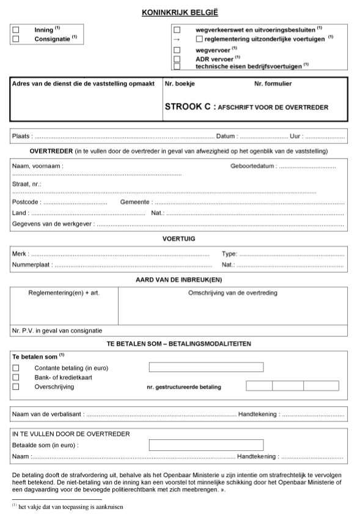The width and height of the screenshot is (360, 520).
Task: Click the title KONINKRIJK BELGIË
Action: point(180,12)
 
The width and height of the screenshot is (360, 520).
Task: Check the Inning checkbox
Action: point(16,29)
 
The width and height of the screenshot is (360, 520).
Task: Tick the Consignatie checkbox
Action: point(16,39)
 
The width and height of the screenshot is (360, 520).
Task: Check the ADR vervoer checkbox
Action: point(177,59)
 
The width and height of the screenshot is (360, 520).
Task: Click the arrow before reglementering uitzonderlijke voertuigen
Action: point(177,39)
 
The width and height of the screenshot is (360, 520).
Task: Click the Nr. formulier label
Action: point(273,83)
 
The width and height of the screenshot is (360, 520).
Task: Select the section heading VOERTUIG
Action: point(179,238)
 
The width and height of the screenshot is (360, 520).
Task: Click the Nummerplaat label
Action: point(31,266)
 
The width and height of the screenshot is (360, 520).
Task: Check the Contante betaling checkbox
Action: point(16,367)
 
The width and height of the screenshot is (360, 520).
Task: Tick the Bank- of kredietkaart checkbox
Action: point(16,377)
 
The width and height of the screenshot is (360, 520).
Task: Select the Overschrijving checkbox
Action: point(16,387)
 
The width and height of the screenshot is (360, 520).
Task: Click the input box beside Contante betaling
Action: point(206,367)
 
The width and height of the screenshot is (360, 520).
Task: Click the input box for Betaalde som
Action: point(206,445)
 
